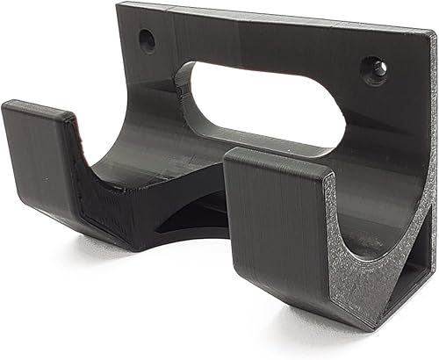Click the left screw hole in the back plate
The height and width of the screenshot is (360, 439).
point(147,39)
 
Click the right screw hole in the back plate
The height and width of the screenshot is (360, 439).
point(375,70)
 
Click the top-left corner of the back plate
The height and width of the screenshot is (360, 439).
point(119,7)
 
